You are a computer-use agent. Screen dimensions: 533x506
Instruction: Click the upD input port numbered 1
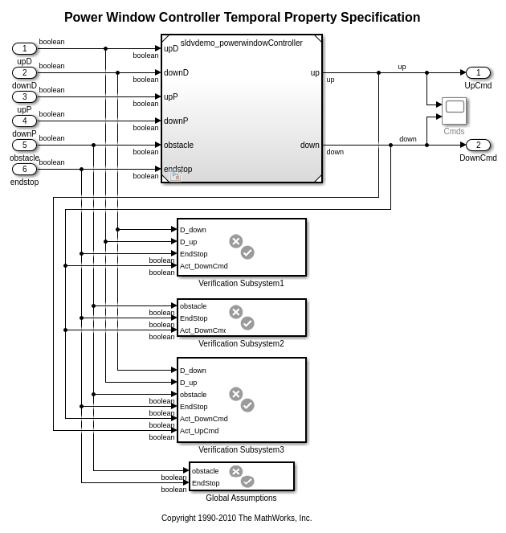[x=24, y=48]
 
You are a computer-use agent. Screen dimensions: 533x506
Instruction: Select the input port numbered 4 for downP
[x=24, y=121]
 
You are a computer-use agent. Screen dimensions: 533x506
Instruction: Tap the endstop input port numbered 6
[x=24, y=169]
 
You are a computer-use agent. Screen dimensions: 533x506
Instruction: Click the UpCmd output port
[x=478, y=72]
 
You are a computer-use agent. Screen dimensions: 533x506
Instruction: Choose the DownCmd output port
[x=478, y=145]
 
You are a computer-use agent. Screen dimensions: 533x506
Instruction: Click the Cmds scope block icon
[x=454, y=111]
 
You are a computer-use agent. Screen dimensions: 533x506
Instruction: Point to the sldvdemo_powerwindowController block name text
[x=241, y=43]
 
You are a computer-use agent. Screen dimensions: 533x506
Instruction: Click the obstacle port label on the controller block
[x=178, y=145]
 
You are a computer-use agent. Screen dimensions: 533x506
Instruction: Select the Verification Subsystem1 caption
[x=241, y=283]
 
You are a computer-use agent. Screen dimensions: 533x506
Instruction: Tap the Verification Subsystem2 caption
[x=241, y=343]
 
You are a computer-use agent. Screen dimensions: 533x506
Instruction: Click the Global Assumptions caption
[x=241, y=498]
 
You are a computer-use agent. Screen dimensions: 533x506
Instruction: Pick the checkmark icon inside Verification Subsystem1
[x=247, y=252]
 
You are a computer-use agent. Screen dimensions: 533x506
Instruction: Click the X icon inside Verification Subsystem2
[x=235, y=312]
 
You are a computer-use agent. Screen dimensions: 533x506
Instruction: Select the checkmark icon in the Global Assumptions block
[x=247, y=481]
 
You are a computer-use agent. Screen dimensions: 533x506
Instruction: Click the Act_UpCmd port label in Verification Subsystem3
[x=199, y=431]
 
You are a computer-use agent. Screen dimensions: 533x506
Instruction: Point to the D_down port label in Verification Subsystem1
[x=193, y=230]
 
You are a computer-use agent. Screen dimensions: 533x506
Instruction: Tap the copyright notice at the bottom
[x=236, y=518]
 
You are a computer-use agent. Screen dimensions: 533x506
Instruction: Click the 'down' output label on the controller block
[x=310, y=145]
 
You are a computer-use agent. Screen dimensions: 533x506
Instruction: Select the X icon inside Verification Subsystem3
[x=235, y=394]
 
